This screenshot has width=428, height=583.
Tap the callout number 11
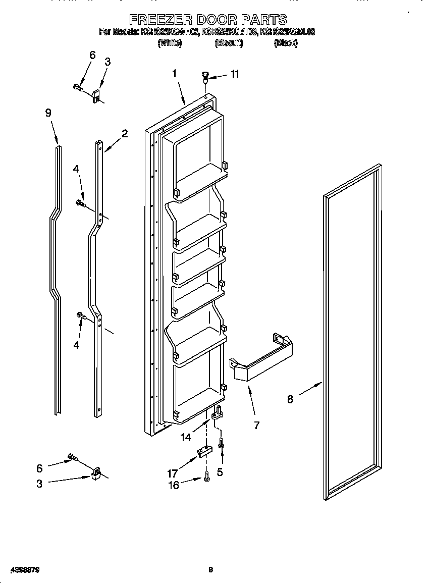pyautogui.click(x=235, y=74)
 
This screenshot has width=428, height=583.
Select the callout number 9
pyautogui.click(x=48, y=113)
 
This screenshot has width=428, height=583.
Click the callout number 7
pyautogui.click(x=256, y=426)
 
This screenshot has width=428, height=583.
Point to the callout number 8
pyautogui.click(x=290, y=399)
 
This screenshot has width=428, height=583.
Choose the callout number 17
pyautogui.click(x=173, y=473)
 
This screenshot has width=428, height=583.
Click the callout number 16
pyautogui.click(x=173, y=485)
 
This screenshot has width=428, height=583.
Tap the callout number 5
pyautogui.click(x=220, y=472)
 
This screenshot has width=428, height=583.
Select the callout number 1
pyautogui.click(x=174, y=73)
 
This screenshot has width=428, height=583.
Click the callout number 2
pyautogui.click(x=124, y=134)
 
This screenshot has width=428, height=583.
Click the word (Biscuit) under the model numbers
pyautogui.click(x=229, y=43)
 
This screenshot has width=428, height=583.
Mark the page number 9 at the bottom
pyautogui.click(x=211, y=570)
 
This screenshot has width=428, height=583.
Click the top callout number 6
pyautogui.click(x=92, y=56)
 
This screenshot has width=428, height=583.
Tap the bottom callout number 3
pyautogui.click(x=39, y=484)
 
